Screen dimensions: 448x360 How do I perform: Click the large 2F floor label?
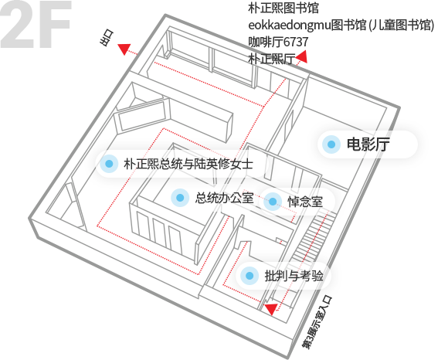36,24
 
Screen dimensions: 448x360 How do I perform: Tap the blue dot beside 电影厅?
331,144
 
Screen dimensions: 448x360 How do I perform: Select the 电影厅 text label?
368,144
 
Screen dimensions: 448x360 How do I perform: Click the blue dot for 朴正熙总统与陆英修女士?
109,164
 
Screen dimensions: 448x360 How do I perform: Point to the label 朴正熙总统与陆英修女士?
188,164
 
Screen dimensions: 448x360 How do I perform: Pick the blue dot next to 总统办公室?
180,198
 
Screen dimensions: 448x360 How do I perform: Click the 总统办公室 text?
225,198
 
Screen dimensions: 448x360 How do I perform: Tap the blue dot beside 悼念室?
273,202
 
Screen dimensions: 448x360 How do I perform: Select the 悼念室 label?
305,202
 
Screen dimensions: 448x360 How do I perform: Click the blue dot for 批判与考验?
249,276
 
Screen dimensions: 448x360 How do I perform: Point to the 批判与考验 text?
294,276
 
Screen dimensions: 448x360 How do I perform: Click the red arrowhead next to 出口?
124,49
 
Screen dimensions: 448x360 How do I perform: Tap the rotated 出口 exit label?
107,38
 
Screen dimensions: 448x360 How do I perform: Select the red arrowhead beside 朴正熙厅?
302,57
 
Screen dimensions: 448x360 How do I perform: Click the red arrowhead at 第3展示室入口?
271,308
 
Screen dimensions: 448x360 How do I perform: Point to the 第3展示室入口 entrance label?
317,322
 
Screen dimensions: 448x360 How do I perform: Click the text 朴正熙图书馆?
283,8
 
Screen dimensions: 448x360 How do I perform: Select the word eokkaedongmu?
290,25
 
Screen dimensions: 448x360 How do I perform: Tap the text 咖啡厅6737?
278,42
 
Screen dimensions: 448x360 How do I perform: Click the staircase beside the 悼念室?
314,236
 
